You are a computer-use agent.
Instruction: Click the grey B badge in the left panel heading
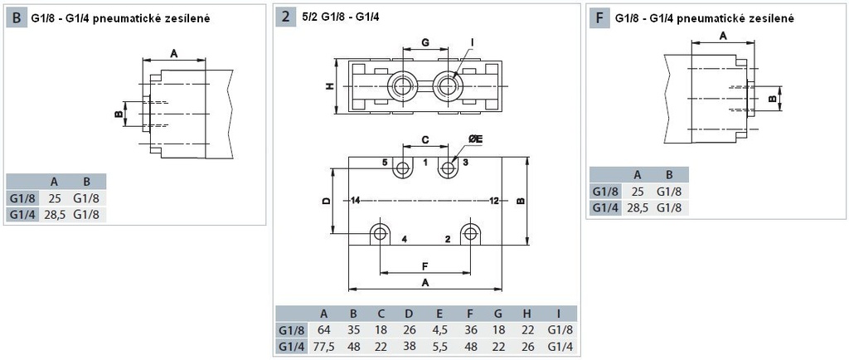[17, 17]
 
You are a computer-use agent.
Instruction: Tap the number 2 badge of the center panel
[285, 17]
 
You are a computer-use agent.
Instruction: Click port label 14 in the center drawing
[355, 201]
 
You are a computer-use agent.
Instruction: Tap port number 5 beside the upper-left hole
[385, 163]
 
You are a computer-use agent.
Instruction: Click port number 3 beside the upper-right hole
[465, 163]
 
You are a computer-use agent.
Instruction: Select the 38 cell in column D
[408, 346]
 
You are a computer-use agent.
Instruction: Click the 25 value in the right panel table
[638, 191]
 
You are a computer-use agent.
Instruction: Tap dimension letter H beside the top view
[328, 86]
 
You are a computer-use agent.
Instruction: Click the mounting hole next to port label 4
[380, 231]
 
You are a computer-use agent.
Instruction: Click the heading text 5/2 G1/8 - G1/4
[340, 17]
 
